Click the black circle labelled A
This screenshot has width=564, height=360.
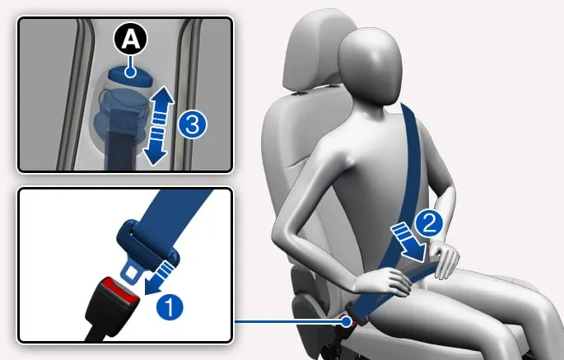click(131, 39)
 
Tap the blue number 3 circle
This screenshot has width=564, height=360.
click(193, 124)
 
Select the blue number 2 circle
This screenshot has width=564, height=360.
click(429, 223)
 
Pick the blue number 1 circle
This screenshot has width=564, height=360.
click(170, 307)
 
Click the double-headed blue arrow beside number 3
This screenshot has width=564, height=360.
click(158, 125)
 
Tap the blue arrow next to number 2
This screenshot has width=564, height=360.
click(409, 242)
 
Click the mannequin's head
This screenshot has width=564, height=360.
click(371, 67)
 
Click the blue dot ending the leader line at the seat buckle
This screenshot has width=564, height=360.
click(347, 321)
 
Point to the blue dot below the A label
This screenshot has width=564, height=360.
click(130, 72)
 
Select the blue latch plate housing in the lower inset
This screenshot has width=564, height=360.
click(147, 244)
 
